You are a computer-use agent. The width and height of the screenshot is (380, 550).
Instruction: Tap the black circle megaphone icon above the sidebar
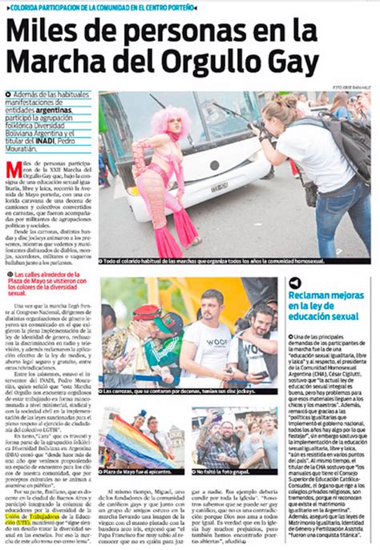coord(296,282)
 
